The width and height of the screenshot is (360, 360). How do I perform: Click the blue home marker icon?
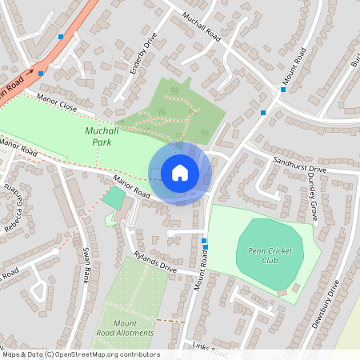pos(180,173)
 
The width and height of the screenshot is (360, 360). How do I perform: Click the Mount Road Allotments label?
pos(128,326)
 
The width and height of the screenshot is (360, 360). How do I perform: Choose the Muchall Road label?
pos(201,27)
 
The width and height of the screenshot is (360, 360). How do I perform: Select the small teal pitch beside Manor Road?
pos(114,198)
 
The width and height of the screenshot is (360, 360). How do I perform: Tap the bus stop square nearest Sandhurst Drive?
pos(263,113)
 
